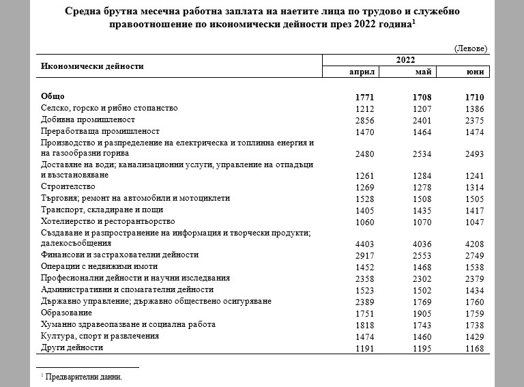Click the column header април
[362, 72]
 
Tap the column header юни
[475, 72]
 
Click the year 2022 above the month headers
[405, 61]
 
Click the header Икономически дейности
[92, 66]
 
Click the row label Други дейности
[72, 347]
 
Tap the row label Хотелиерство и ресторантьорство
[108, 221]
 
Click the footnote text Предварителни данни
[84, 376]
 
